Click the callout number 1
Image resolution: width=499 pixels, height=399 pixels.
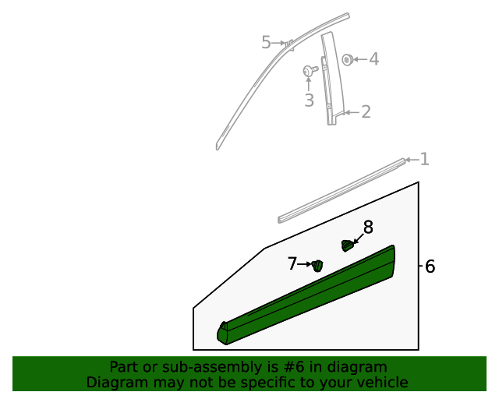[x=424, y=160]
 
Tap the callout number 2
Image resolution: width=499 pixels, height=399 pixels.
[x=365, y=112]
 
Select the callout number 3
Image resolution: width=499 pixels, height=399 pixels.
[x=309, y=100]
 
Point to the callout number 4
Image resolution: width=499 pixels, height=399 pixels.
[x=373, y=59]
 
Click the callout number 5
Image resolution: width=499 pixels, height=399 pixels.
[x=266, y=43]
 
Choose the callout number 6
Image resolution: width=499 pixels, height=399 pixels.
[x=430, y=267]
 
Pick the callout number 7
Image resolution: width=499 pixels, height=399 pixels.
[x=292, y=264]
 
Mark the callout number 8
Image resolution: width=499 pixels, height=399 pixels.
[x=368, y=228]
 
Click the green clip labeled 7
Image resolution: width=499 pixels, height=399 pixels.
[x=317, y=267]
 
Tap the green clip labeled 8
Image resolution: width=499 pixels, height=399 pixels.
[x=347, y=246]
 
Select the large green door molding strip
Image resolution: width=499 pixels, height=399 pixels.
[x=312, y=296]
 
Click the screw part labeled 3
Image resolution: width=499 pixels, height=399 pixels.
[x=309, y=71]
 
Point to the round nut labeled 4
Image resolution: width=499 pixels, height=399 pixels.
[x=348, y=59]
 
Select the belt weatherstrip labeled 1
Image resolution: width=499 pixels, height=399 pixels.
[x=343, y=187]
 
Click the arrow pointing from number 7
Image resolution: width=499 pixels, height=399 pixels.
[x=304, y=265]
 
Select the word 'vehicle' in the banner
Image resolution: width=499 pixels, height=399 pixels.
[x=380, y=383]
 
